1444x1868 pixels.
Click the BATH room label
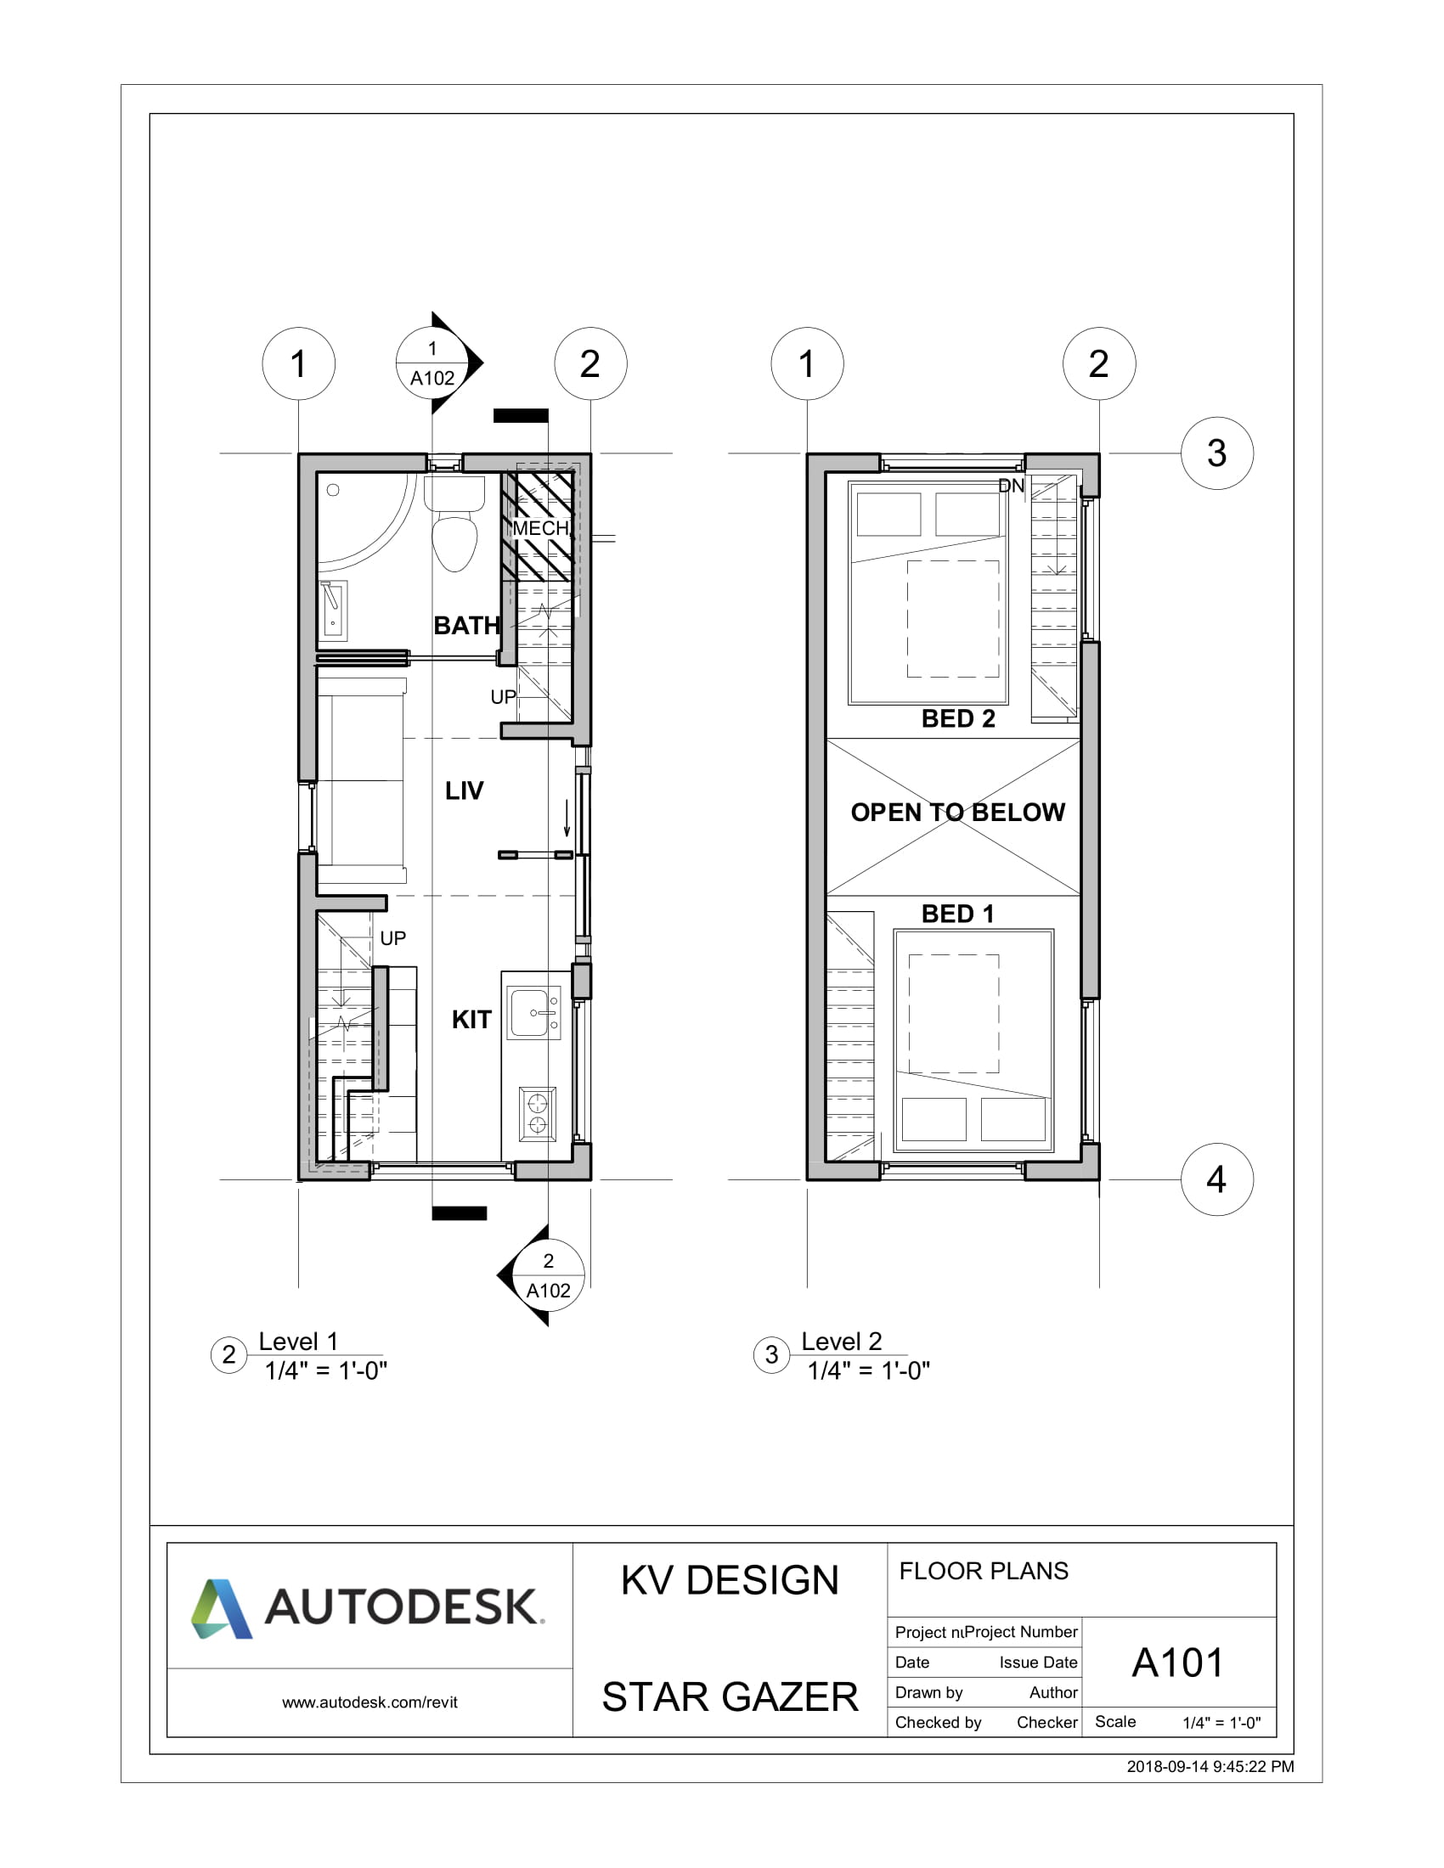coord(466,625)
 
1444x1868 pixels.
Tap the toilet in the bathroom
coord(454,531)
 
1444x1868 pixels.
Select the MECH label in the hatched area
coord(540,528)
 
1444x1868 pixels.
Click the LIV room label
coord(464,791)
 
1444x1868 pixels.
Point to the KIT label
coord(471,1020)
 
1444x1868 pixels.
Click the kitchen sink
coord(533,1013)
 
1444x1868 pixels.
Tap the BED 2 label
coord(958,718)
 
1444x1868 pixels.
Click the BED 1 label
coord(957,914)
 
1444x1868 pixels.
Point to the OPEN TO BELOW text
coord(957,812)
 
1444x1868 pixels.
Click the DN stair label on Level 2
coord(1011,486)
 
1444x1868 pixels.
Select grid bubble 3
coord(1216,453)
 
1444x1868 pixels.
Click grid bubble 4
coord(1216,1179)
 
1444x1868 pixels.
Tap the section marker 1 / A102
coord(433,363)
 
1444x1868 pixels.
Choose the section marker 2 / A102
coord(549,1275)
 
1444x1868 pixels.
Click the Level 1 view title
coord(298,1341)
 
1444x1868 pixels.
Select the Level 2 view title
coord(841,1341)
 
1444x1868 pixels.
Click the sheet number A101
coord(1178,1663)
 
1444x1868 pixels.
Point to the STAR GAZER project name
coord(730,1697)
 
